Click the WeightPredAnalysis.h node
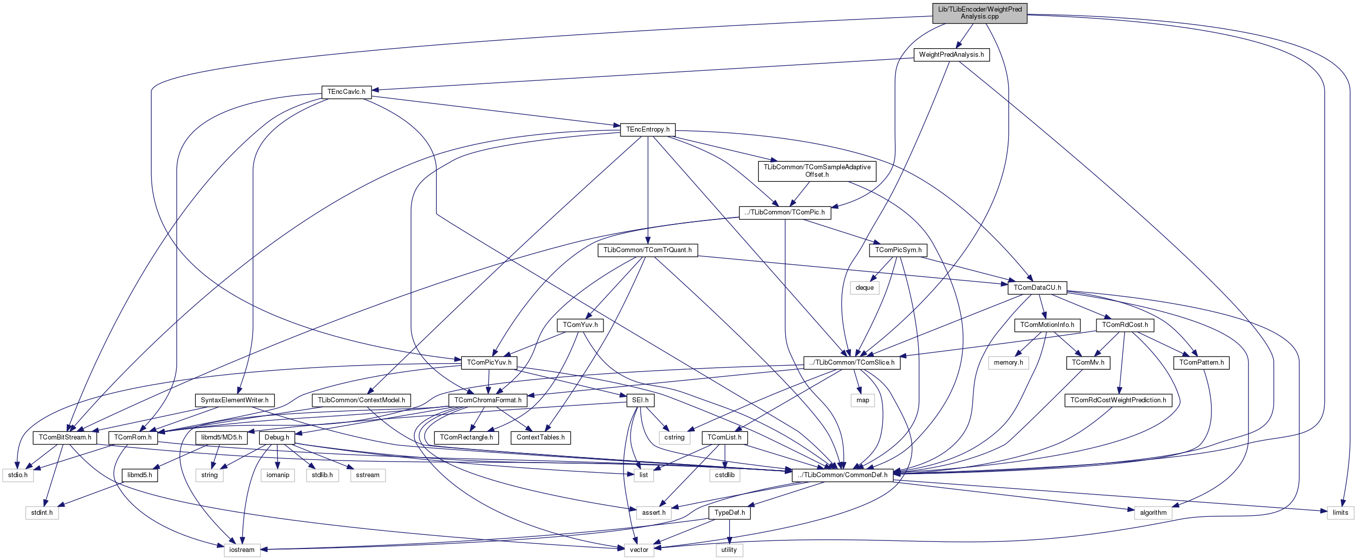tap(951, 55)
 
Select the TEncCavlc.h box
tap(346, 92)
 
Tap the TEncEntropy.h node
tap(648, 130)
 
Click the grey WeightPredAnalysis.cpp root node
tap(979, 13)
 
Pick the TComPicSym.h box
tap(898, 250)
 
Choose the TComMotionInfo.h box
tap(1047, 325)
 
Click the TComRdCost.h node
tap(1125, 325)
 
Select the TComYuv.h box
tap(580, 325)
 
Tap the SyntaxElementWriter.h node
tap(234, 400)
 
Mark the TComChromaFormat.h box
tap(488, 400)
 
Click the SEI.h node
tap(640, 400)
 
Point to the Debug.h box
tap(277, 438)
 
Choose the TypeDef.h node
tap(729, 513)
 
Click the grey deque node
tap(865, 288)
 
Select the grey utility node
tap(729, 550)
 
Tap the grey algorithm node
tap(1153, 513)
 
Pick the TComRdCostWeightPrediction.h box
tap(1118, 400)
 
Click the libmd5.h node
tap(140, 475)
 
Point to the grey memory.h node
tap(1008, 363)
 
